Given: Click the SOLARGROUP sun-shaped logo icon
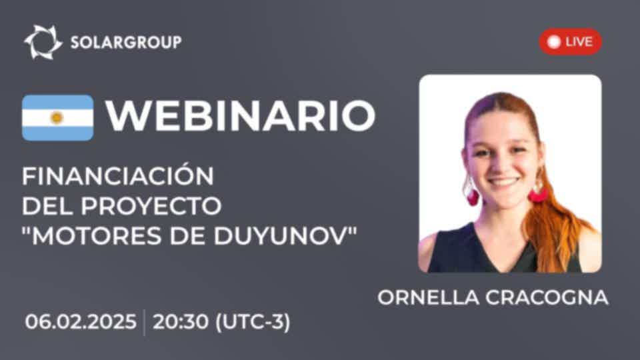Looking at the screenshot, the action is tap(43, 42).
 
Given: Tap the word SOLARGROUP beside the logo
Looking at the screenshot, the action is tap(126, 42).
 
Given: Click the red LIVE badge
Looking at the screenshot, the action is tap(570, 41).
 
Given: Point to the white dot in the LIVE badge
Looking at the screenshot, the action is tap(554, 41).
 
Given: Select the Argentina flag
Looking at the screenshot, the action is tap(57, 117).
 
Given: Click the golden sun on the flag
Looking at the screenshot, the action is tap(57, 117).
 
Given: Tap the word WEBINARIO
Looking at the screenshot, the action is tap(241, 115).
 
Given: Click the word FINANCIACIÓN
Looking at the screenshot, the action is tap(118, 175).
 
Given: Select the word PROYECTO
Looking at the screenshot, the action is tap(151, 206).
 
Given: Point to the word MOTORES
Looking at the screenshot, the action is tap(97, 236).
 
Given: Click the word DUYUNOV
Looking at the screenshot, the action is tap(281, 236).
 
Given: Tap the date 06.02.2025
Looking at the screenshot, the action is tap(81, 321).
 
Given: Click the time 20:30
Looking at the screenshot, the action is tap(181, 321).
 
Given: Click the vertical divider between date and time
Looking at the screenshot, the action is tap(145, 322).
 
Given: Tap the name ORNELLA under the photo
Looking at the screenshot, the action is tap(428, 297).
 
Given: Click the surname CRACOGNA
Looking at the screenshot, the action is tap(547, 297).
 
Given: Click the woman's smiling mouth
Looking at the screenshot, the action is tap(503, 181).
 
